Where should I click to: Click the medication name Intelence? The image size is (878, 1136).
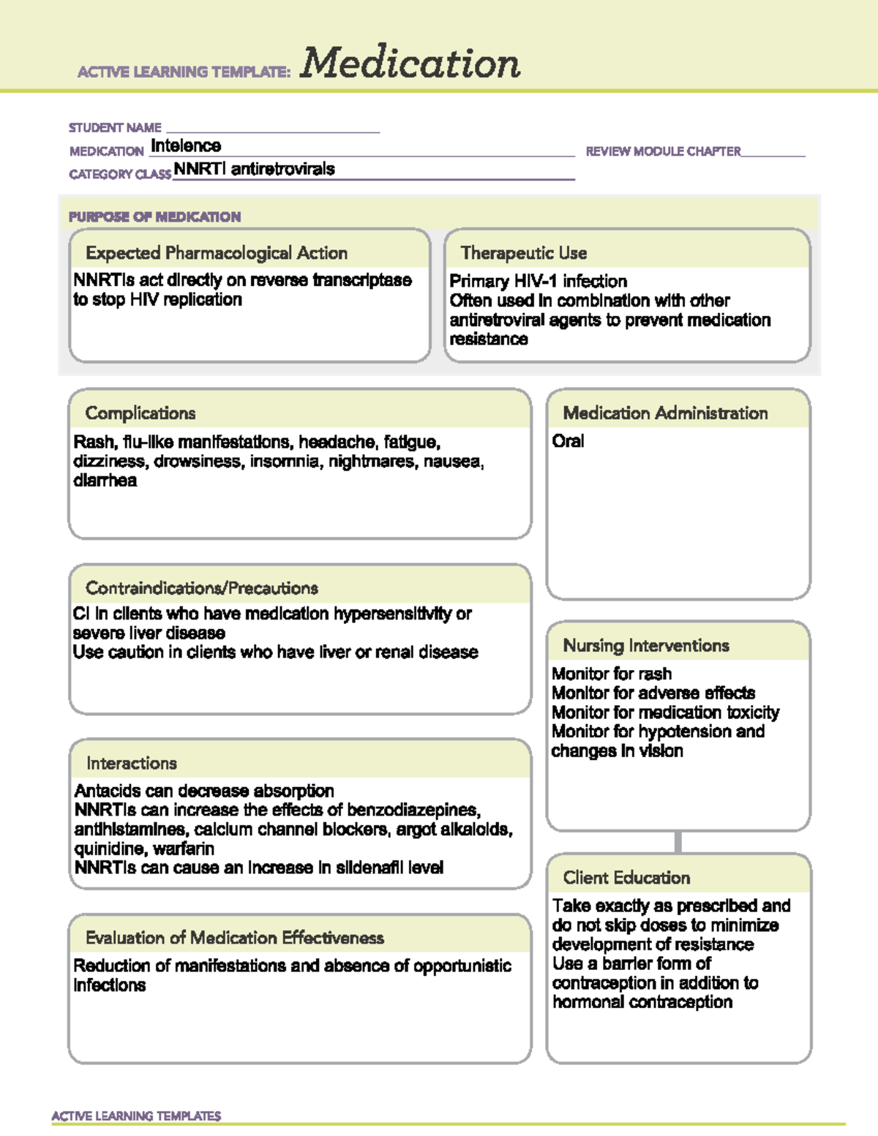[x=186, y=146]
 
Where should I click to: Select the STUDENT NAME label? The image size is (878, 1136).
[x=115, y=128]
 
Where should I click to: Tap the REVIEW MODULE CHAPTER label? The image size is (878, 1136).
[x=663, y=151]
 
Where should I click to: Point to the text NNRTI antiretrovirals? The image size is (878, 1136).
[x=254, y=169]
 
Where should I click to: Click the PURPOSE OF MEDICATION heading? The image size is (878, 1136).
[x=154, y=217]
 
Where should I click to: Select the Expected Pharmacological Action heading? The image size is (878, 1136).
[x=217, y=253]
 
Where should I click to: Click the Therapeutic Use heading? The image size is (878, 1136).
[x=524, y=253]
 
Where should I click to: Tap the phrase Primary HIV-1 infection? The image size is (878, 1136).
[x=538, y=281]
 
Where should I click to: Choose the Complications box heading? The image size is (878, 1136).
[x=140, y=413]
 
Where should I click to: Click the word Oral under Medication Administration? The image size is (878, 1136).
[x=568, y=441]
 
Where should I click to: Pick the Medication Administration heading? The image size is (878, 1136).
[x=665, y=413]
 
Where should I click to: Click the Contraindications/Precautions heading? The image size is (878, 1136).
[x=202, y=588]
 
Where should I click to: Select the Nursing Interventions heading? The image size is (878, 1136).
[x=646, y=646]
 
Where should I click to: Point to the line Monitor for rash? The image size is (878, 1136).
[x=612, y=674]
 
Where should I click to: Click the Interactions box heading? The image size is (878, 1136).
[x=132, y=764]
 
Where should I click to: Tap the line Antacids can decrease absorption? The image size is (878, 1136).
[x=204, y=791]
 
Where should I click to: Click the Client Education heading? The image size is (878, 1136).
[x=626, y=878]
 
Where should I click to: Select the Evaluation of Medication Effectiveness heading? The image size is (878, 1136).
[x=234, y=938]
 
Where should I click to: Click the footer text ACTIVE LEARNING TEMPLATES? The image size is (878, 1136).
[x=136, y=1116]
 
